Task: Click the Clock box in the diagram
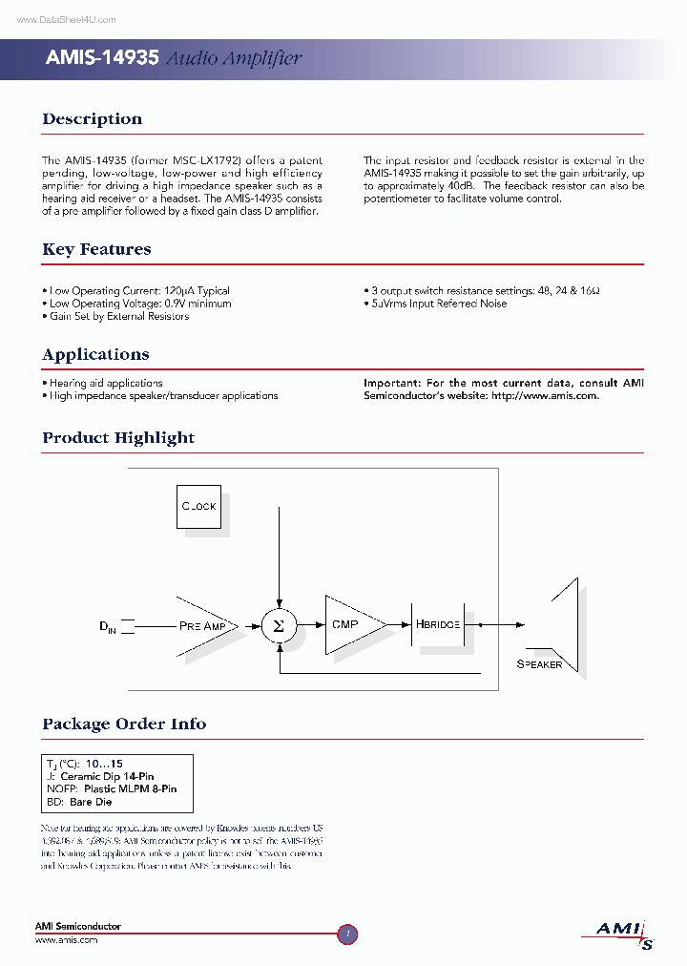(x=199, y=506)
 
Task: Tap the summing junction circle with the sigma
(x=278, y=625)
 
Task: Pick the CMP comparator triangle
(x=349, y=625)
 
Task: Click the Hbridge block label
(x=438, y=624)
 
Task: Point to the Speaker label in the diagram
(x=539, y=664)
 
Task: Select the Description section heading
(x=92, y=119)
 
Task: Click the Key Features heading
(x=96, y=249)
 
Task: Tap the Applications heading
(x=95, y=354)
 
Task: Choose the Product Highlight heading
(x=118, y=438)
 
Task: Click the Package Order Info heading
(x=124, y=724)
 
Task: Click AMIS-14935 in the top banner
(x=102, y=58)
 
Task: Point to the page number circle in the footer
(x=347, y=934)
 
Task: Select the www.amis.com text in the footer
(x=66, y=940)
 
